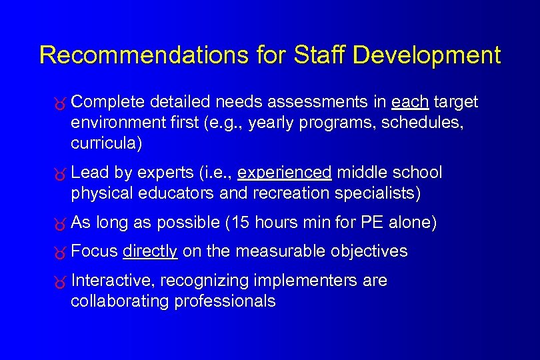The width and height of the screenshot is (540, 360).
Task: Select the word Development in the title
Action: [x=427, y=55]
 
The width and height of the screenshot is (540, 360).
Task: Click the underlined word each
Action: [x=410, y=102]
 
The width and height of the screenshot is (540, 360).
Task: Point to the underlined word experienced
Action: [x=285, y=173]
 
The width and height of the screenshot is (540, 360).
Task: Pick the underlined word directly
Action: [x=150, y=251]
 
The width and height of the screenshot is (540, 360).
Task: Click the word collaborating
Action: [x=120, y=301]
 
